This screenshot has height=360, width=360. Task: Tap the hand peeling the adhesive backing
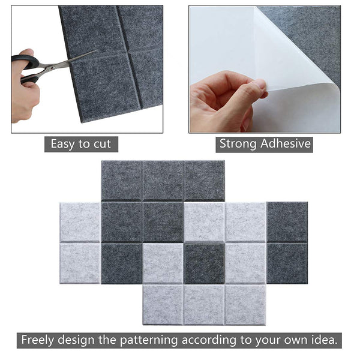[x=222, y=99]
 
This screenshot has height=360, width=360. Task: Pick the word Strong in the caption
[x=237, y=143]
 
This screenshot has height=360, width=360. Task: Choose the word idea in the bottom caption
[x=323, y=340]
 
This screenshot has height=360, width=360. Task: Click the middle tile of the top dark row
[x=163, y=180]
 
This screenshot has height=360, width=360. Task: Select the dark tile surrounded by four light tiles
[x=204, y=263]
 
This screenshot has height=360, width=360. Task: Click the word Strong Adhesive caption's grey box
[x=265, y=143]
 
